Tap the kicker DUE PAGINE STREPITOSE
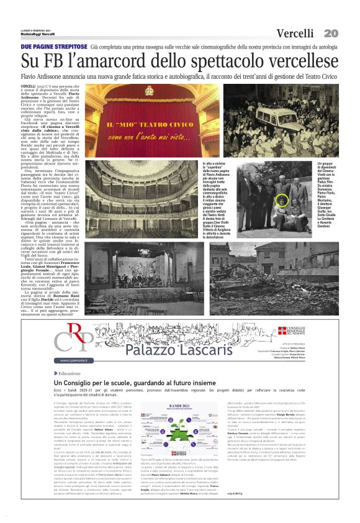tap(53, 47)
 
